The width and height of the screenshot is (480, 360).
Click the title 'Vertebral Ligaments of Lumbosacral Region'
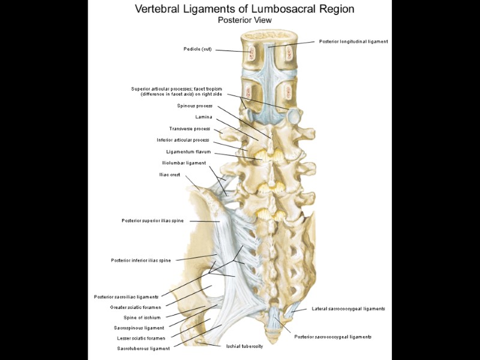244,9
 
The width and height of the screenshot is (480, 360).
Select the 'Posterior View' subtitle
244,20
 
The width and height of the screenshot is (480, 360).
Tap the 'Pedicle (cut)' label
198,49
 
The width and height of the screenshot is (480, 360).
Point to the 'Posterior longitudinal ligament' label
353,41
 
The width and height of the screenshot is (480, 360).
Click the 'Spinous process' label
194,106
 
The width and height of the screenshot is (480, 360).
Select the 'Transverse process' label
190,128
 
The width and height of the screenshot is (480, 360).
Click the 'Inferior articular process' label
183,140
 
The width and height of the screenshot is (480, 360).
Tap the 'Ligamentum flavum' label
188,152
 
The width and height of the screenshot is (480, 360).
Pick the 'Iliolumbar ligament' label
184,163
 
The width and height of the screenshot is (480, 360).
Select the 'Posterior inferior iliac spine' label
141,260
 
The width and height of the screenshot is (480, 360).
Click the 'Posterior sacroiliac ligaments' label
126,296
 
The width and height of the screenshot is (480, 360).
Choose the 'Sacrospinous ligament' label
139,328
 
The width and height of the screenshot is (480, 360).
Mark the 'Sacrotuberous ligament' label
143,348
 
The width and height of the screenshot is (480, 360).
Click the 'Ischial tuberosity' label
244,346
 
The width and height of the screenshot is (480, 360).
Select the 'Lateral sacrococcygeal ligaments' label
349,308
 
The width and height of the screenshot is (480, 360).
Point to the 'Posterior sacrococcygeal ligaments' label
333,337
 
